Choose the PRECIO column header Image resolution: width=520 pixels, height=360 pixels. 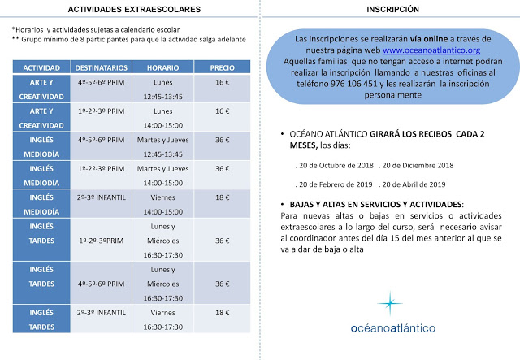[x=221, y=67]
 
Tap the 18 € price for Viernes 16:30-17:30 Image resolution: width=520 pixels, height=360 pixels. [x=221, y=312]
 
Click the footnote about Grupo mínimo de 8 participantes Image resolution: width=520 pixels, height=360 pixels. [x=130, y=39]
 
